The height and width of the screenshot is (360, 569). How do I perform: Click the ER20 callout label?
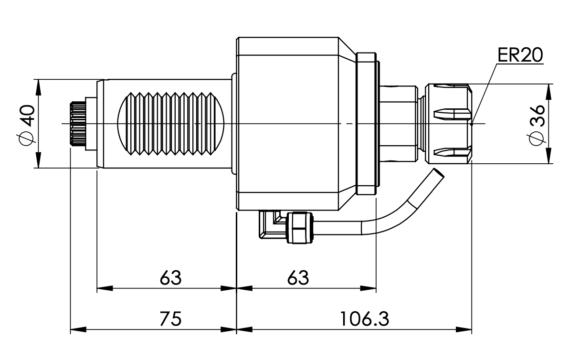(x=520, y=55)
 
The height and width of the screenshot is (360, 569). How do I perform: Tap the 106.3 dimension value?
(x=365, y=318)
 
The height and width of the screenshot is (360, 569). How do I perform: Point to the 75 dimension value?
(x=170, y=318)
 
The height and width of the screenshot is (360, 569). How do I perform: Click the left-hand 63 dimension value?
(x=170, y=277)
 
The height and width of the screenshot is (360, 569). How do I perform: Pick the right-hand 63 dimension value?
(x=298, y=277)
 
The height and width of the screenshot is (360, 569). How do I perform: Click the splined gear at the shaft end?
(x=76, y=124)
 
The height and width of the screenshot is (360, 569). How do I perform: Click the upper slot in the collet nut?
(x=451, y=115)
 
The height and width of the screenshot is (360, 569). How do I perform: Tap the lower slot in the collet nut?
(x=451, y=153)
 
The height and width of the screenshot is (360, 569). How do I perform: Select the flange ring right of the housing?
(x=366, y=123)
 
